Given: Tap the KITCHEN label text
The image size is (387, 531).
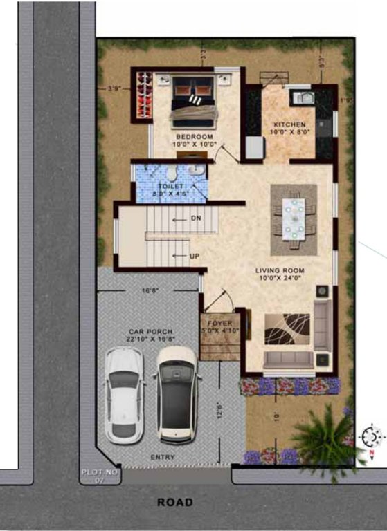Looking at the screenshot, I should tap(289, 125).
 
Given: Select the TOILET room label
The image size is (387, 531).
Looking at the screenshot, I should tap(170, 187).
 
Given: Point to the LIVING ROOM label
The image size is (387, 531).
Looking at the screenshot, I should tap(279, 271).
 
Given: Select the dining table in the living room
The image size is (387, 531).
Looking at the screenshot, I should tap(292, 214).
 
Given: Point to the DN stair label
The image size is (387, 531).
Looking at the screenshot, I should tap(195, 218).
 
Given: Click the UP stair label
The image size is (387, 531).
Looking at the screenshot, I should tap(195, 257).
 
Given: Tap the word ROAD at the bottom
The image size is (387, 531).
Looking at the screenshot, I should tap(174, 503).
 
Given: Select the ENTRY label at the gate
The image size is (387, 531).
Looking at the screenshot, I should tap(163, 458).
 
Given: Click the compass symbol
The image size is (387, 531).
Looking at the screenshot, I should tap(372, 437).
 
